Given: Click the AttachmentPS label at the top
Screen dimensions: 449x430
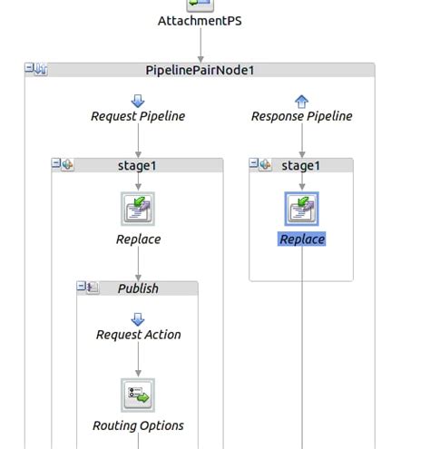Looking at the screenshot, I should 200,20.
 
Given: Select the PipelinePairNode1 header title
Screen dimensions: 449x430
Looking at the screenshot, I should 199,70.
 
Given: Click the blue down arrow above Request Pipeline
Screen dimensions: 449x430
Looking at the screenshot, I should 138,101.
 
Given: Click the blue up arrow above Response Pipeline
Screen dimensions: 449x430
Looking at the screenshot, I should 302,101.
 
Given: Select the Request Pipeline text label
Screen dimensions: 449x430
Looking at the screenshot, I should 138,116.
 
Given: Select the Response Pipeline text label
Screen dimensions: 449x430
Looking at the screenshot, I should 302,116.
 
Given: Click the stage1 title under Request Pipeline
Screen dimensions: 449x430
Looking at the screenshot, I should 138,165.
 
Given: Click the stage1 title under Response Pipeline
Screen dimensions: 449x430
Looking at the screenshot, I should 302,165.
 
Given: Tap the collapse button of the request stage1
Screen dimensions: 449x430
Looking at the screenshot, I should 56,164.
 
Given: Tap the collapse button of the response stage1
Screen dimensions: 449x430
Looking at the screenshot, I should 254,164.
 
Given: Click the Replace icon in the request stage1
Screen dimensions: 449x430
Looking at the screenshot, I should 138,209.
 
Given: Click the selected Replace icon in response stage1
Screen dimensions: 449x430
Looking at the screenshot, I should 302,209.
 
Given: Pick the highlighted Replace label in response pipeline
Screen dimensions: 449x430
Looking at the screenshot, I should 302,239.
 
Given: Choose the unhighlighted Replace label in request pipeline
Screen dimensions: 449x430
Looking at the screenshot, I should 138,239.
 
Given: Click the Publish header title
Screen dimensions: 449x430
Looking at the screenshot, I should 138,288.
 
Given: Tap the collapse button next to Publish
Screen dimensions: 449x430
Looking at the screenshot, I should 82,288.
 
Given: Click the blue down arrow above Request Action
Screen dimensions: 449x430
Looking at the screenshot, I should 138,318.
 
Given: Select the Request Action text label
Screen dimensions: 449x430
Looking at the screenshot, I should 138,335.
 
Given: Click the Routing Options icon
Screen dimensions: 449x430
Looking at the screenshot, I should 138,395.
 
